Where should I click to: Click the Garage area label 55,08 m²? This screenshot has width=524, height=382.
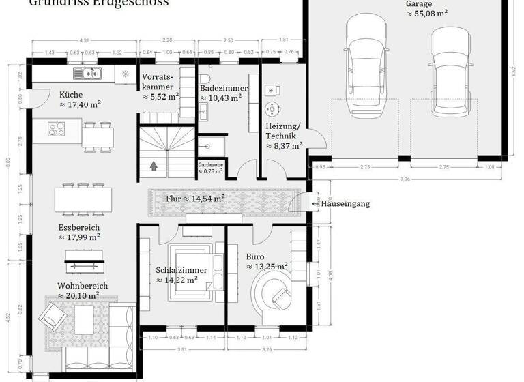(428, 13)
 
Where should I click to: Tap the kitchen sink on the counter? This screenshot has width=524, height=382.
(87, 73)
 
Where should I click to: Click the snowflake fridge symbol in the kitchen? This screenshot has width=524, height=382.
(125, 74)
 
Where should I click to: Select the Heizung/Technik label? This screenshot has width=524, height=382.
(282, 136)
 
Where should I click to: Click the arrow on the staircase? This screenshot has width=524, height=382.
(154, 165)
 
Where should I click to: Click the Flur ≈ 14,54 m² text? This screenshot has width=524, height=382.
(195, 199)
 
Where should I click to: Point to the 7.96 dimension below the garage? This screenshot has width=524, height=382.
(405, 179)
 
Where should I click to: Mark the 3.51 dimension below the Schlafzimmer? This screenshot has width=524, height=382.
(181, 349)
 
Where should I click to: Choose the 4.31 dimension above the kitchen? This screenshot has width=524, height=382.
(85, 40)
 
